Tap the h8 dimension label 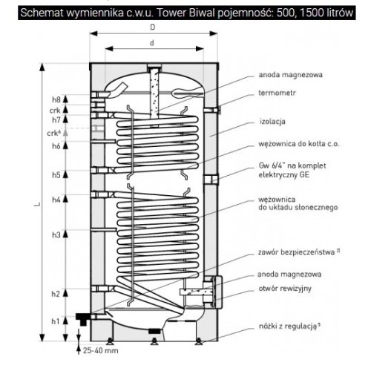[x=55, y=99]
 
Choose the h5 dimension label [x=55, y=175]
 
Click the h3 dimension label [x=55, y=235]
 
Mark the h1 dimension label [x=55, y=321]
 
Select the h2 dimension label [x=55, y=295]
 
